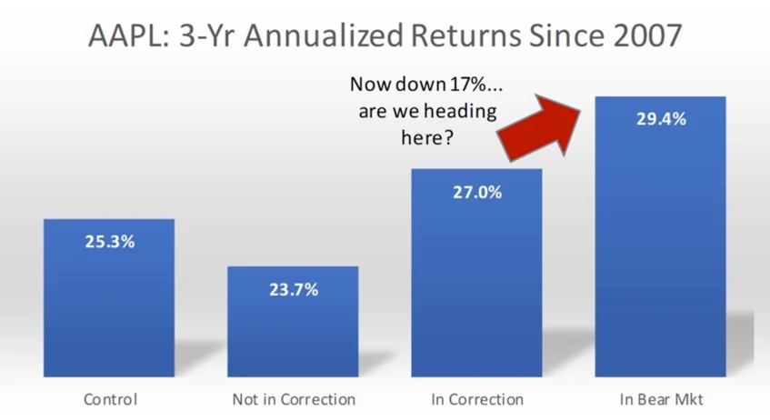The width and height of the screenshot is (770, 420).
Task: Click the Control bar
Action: tap(109, 297)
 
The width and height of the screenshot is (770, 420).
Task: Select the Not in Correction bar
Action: tap(293, 322)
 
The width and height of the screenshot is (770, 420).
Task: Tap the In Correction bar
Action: tap(477, 273)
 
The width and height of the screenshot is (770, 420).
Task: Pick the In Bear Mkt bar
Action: tap(661, 236)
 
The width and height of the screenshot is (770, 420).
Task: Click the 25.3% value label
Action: tap(109, 242)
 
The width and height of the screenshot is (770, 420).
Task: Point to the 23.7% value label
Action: tap(294, 290)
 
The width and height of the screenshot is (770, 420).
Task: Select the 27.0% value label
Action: tap(477, 192)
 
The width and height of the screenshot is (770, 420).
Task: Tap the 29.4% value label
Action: tap(661, 119)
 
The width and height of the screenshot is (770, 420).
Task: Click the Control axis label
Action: tap(111, 399)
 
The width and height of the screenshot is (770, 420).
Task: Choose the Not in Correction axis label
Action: tap(294, 399)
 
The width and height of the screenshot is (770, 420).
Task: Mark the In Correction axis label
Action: tap(477, 399)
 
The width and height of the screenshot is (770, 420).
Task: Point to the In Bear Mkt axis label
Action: tap(661, 399)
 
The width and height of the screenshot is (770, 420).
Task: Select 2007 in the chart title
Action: tap(647, 35)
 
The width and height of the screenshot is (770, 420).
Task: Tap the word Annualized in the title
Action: tap(324, 35)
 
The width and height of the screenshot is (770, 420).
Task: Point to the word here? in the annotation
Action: tap(427, 137)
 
